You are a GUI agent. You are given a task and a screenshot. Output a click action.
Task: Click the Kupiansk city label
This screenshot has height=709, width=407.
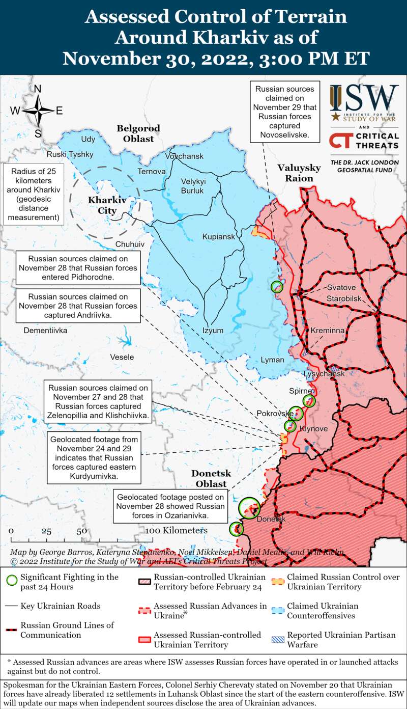(218, 237)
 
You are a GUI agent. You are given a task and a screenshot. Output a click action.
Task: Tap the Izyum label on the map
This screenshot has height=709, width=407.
(213, 330)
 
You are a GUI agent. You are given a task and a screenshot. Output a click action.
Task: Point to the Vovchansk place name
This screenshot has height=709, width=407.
(184, 155)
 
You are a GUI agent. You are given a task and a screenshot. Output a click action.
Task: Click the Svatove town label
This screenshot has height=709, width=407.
(341, 287)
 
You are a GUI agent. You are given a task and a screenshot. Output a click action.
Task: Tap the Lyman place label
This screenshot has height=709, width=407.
(272, 360)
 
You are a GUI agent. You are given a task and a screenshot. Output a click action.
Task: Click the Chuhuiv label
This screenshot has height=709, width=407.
(130, 244)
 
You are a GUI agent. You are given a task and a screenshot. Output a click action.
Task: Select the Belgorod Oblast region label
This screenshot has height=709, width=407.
(138, 133)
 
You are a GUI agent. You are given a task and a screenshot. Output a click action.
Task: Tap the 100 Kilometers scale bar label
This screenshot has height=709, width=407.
(177, 530)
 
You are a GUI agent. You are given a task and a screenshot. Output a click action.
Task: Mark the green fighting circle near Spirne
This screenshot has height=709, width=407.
(309, 401)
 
